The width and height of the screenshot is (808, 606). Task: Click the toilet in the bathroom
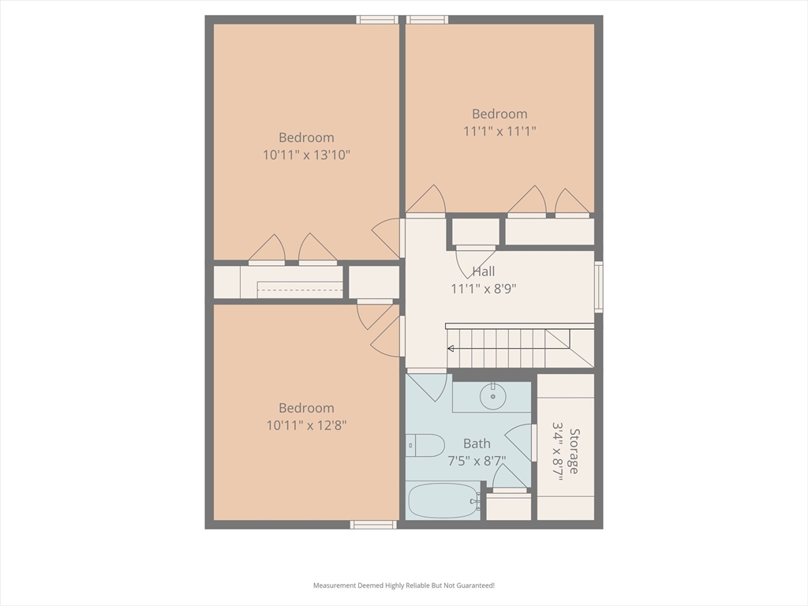pos(425,445)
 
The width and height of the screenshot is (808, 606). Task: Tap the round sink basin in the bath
pos(493,396)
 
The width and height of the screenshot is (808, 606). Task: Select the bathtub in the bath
pos(443,500)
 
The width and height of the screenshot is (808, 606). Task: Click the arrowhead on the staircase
pos(450,349)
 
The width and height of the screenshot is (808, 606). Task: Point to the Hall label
pos(484,271)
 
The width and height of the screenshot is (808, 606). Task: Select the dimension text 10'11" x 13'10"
pos(307,155)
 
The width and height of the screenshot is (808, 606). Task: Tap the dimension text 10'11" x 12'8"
pos(307,425)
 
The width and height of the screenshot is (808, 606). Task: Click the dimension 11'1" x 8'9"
pos(484,289)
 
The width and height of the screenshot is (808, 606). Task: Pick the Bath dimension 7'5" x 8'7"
pos(477,461)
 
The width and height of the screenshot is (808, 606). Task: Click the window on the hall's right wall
pos(599,287)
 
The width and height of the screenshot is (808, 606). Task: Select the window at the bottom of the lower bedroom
pos(373,525)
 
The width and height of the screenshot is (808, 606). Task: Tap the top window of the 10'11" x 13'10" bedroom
pos(377,20)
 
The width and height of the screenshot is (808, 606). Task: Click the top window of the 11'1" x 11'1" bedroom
pos(427,20)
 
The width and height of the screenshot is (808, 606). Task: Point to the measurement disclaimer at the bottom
pos(404,585)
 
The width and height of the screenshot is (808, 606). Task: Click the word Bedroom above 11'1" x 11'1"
pos(499,114)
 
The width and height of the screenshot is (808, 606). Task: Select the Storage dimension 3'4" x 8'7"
pos(557,451)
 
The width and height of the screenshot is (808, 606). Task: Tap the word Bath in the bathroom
pos(477,443)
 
